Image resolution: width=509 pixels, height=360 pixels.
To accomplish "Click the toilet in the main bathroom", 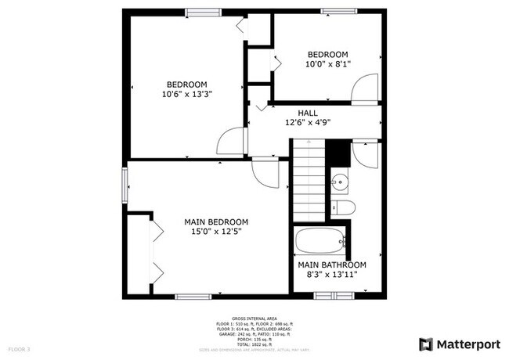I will tap(342, 207).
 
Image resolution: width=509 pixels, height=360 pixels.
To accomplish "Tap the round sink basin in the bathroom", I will tap(339, 183).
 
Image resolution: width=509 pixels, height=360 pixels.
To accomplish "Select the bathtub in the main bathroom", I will tap(319, 240).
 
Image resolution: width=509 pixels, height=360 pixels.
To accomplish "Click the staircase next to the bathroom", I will tap(309, 180).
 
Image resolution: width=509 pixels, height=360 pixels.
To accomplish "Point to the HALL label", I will tap(308, 113).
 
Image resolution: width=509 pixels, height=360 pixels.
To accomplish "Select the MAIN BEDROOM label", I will tap(216, 221).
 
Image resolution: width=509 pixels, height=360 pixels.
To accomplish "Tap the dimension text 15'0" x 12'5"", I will tap(216, 232).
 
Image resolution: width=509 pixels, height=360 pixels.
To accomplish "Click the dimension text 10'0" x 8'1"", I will tap(328, 64).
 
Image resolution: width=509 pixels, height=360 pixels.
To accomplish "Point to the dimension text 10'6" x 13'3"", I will tap(187, 94).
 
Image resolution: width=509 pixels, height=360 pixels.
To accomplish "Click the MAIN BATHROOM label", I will tap(332, 265).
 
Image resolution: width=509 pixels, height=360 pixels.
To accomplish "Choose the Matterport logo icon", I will tap(426, 344).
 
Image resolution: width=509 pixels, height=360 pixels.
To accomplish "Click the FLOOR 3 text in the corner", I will tap(19, 348).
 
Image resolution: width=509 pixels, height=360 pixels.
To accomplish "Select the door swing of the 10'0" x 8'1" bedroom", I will tap(364, 90).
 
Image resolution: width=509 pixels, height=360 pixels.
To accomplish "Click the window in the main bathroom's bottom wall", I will tap(334, 295).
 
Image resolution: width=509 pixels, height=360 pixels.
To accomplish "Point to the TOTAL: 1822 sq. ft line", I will tap(254, 344).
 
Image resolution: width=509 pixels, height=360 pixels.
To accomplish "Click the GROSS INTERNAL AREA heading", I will tap(254, 319).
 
